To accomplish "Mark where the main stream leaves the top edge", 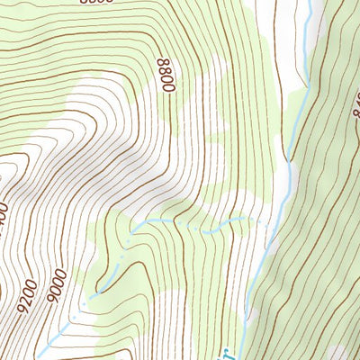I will [309, 3].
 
